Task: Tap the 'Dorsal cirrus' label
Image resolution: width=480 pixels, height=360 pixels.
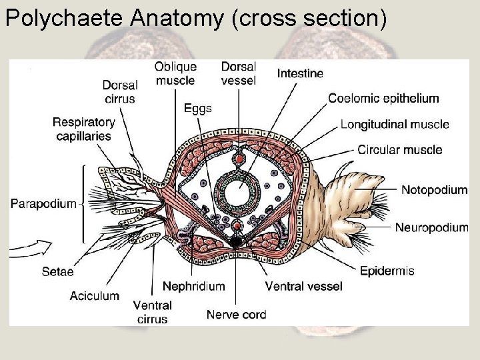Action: pos(120,92)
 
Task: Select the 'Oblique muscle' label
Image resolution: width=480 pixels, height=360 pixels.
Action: pos(175,73)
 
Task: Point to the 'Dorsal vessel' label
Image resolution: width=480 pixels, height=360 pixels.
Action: pos(238,73)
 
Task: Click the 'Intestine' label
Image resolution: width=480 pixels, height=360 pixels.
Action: pos(300,73)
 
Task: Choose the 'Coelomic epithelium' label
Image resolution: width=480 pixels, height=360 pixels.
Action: pos(383,99)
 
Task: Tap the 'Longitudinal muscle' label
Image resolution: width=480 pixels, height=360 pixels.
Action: pos(395,124)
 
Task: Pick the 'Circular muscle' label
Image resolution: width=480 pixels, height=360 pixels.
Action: pos(399,149)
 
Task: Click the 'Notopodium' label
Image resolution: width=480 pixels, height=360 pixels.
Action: pos(434,190)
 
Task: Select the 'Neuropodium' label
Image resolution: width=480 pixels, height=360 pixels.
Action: pos(431,227)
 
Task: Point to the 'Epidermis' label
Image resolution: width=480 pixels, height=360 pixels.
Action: pos(387,271)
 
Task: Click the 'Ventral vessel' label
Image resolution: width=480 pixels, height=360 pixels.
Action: pos(303,286)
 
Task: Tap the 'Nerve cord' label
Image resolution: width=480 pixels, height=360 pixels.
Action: pos(236,315)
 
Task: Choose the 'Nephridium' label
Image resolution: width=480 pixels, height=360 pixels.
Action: pos(193,286)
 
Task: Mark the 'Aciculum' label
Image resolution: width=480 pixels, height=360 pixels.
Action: pos(95,295)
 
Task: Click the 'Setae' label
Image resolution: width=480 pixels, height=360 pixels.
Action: pos(57,271)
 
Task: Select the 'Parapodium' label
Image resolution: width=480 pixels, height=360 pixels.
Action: pos(43,203)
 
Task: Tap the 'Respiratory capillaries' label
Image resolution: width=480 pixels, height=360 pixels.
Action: pos(84,129)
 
